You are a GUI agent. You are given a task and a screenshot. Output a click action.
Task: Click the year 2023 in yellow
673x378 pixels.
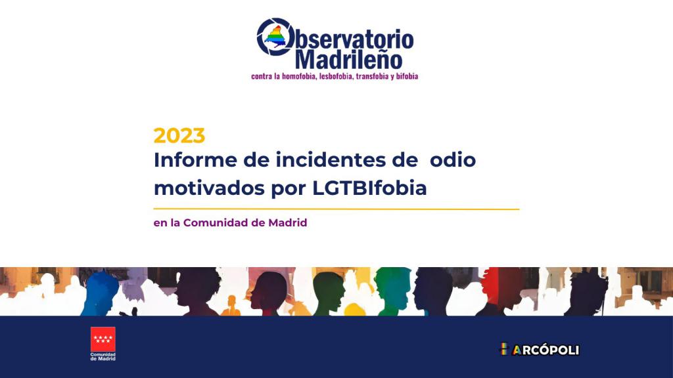pos(179,135)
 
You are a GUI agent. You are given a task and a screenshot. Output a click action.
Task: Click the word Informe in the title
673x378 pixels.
pos(195,160)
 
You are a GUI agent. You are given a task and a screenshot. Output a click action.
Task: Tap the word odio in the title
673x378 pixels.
pos(453,160)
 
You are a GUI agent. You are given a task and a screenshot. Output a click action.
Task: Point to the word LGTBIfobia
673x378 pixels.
pos(369,188)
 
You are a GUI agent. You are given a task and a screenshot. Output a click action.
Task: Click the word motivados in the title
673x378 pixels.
pos(209,188)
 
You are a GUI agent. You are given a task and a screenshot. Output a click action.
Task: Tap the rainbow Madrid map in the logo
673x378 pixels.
pos(276,36)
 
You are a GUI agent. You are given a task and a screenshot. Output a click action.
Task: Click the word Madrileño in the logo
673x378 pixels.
pos(348,59)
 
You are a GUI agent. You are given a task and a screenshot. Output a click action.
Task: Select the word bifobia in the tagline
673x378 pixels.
pos(407,76)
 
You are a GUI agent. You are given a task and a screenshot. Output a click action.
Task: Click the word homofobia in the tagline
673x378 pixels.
pos(299,76)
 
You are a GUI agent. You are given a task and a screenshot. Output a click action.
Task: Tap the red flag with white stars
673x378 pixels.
pos(103,339)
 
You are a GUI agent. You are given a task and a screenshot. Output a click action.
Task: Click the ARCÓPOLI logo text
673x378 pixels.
pos(540,349)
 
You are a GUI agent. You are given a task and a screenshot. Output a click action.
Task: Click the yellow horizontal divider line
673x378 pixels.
pos(336,209)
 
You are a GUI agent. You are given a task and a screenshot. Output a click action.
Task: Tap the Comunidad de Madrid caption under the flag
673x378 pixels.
pos(103,356)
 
